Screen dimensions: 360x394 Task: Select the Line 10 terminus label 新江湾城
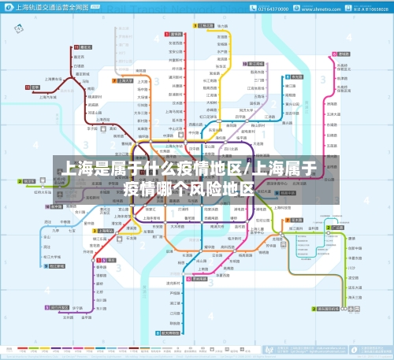point(206,25)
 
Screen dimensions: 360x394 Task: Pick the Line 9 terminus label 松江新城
point(61,308)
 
